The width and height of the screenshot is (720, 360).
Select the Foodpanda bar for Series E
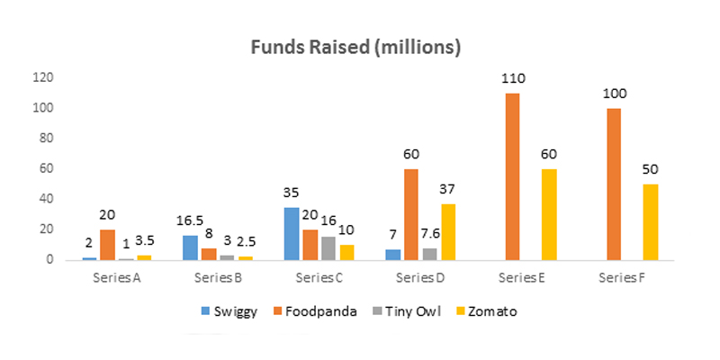513,176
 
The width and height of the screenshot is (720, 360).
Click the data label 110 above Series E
513,79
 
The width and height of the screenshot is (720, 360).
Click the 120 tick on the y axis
42,77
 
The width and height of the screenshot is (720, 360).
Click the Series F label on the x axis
621,275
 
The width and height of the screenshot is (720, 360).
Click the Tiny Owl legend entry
402,311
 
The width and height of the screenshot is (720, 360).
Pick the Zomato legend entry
486,311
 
